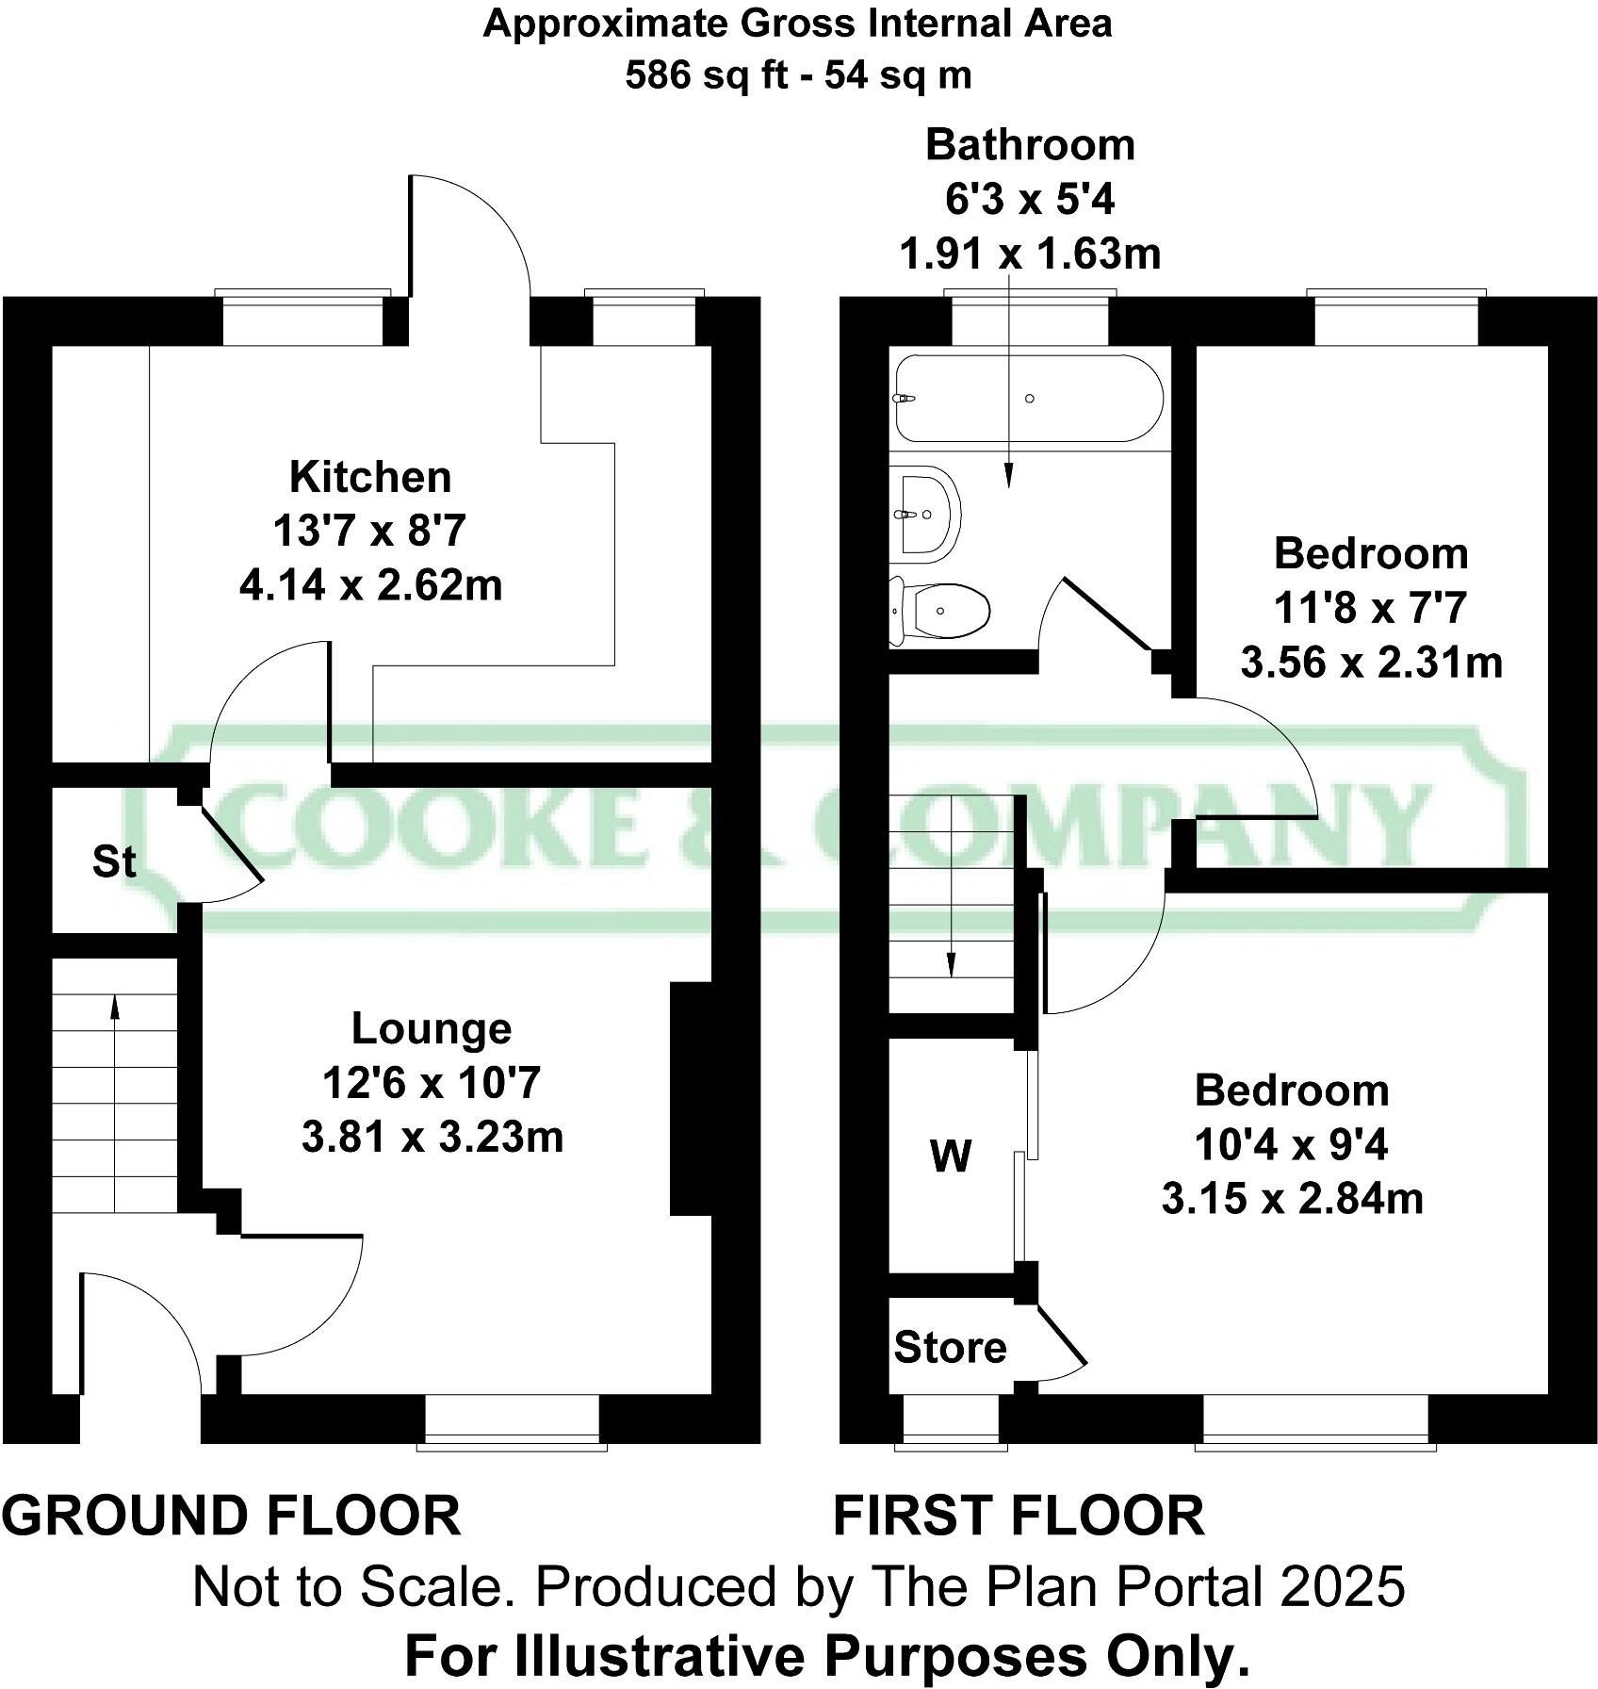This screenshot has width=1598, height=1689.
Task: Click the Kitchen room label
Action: pyautogui.click(x=370, y=477)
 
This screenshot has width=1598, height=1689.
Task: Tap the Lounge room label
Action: pyautogui.click(x=432, y=1028)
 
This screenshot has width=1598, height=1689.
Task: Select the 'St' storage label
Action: pyautogui.click(x=114, y=861)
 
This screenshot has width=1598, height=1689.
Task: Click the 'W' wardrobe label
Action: pyautogui.click(x=950, y=1156)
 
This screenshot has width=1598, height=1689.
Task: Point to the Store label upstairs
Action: pyautogui.click(x=950, y=1348)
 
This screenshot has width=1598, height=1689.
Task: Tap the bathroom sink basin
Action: pyautogui.click(x=927, y=514)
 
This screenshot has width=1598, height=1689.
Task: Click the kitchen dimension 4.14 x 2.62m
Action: pyautogui.click(x=370, y=585)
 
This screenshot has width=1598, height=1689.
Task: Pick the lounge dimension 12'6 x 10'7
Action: pyautogui.click(x=432, y=1083)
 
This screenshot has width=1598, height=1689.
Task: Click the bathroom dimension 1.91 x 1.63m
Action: pyautogui.click(x=1030, y=254)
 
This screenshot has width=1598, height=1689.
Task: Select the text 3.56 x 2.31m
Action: pyautogui.click(x=1371, y=663)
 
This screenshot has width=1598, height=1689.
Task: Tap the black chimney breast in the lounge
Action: pyautogui.click(x=690, y=1099)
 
